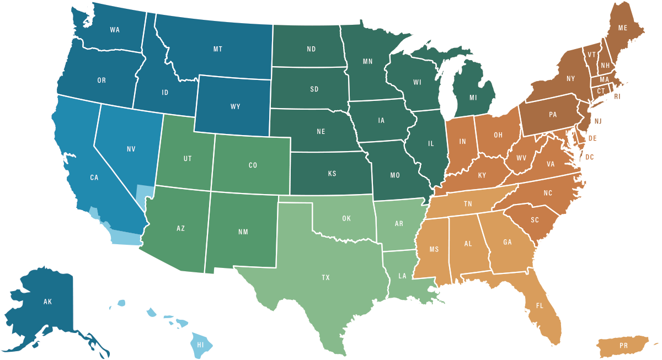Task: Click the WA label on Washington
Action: tap(115, 30)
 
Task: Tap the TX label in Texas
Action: tap(326, 278)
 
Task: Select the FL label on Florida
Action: tap(540, 305)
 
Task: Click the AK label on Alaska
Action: tap(47, 302)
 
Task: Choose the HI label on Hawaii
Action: tap(201, 345)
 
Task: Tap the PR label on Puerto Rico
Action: tap(624, 346)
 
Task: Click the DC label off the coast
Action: tap(590, 157)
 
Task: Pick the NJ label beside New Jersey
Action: tap(597, 120)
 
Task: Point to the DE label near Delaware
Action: tap(592, 138)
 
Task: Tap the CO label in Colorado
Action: tap(253, 165)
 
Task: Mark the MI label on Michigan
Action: tap(473, 98)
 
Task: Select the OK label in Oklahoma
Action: tap(346, 218)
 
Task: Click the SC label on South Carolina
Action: tap(535, 219)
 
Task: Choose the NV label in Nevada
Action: tap(131, 149)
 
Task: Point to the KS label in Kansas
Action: tap(332, 174)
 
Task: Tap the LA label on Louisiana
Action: tap(402, 276)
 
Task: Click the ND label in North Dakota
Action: tap(311, 49)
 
